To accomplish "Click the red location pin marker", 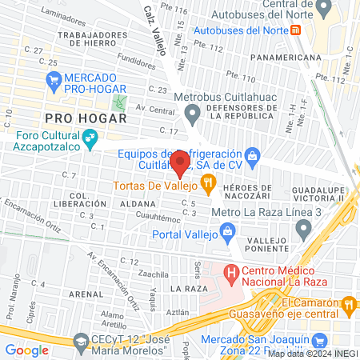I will (180, 164).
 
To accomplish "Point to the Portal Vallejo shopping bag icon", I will (227, 233).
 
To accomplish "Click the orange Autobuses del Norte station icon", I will (296, 30).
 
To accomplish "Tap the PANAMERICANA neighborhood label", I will (285, 58).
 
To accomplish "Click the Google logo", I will (27, 350).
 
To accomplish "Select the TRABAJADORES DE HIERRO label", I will (99, 39).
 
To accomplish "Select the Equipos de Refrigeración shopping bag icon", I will (253, 154).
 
